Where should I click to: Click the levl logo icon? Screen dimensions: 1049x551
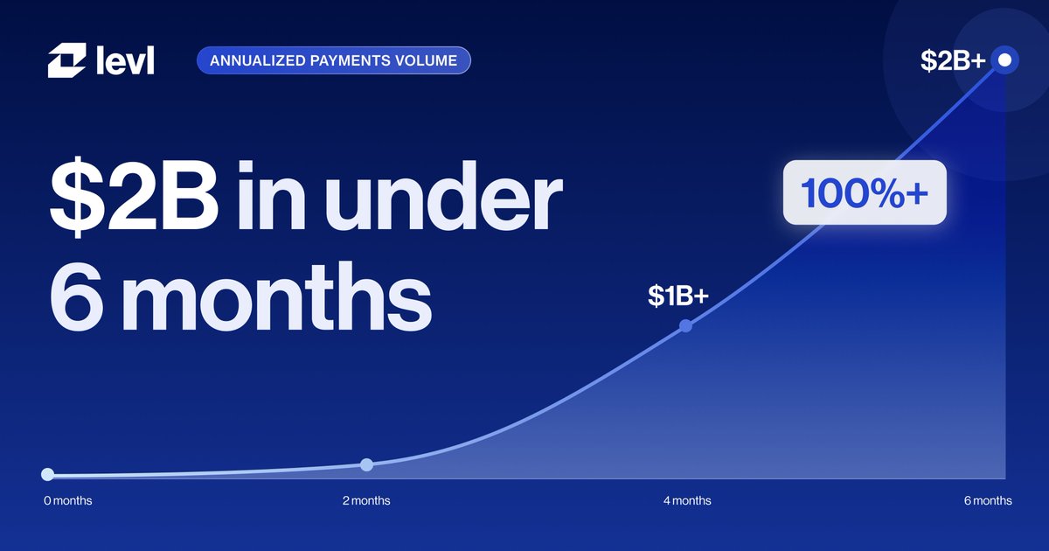click(x=67, y=60)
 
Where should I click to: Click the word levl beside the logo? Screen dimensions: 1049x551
click(x=125, y=60)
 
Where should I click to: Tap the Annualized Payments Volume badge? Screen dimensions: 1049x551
click(x=333, y=60)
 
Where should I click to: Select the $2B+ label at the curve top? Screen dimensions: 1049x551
click(x=953, y=60)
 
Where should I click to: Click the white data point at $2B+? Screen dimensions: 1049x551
click(x=1004, y=60)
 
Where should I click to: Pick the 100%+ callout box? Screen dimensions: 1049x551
click(x=865, y=192)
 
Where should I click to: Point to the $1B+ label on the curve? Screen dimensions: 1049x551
click(x=678, y=296)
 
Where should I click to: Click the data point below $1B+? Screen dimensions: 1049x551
click(x=685, y=326)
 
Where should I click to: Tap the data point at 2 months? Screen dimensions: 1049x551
click(x=366, y=464)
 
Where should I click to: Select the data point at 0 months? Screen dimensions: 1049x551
click(x=47, y=474)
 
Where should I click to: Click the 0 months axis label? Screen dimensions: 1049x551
click(x=68, y=501)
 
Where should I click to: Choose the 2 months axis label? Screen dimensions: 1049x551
click(x=366, y=501)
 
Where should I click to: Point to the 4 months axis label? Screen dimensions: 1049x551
click(x=687, y=501)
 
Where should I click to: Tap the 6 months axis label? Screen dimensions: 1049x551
click(x=988, y=501)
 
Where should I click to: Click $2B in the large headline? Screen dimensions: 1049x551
click(x=134, y=196)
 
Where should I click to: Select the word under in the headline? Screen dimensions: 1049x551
click(x=443, y=196)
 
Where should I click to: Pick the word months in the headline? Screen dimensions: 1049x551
click(x=277, y=296)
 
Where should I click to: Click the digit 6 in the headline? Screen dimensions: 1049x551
click(x=76, y=296)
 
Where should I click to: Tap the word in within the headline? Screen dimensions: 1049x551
click(x=272, y=196)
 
